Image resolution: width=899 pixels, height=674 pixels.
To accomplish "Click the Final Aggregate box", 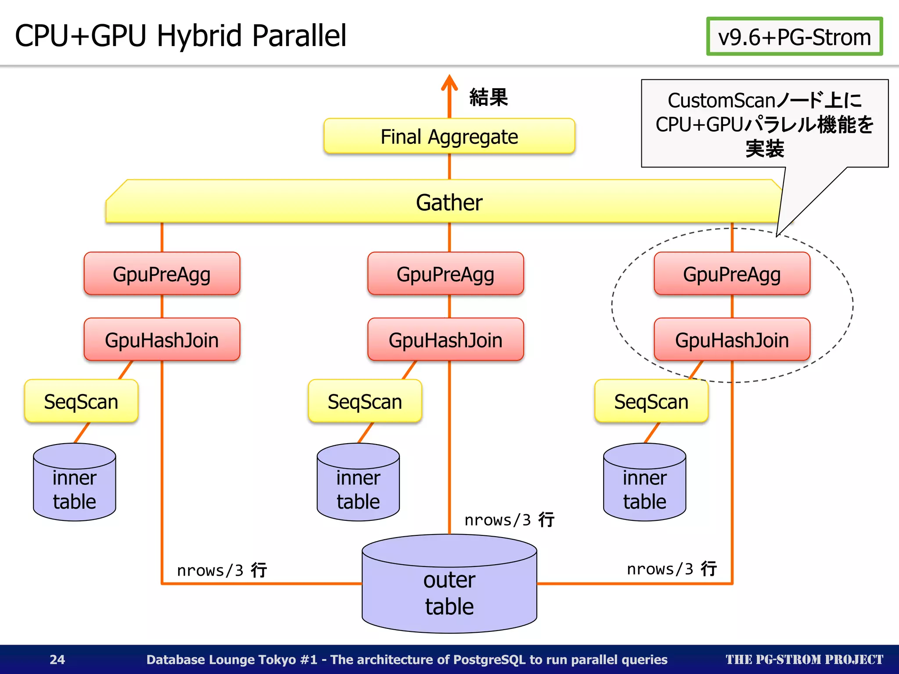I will tap(449, 136).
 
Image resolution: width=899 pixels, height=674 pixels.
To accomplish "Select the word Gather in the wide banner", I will tap(449, 203).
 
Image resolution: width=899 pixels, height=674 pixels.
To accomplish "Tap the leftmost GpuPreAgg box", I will tap(162, 274).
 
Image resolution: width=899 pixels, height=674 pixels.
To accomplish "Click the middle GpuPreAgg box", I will tap(446, 274).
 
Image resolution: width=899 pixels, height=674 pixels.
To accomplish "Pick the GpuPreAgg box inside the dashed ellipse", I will tap(732, 274).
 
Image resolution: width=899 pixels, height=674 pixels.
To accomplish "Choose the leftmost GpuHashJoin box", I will tap(162, 340).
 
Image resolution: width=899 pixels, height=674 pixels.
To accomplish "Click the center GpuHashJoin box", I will tap(446, 340).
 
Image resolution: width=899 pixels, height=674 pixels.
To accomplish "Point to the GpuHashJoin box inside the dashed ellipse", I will tap(732, 340).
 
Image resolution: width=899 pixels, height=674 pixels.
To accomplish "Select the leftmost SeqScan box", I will tap(81, 402).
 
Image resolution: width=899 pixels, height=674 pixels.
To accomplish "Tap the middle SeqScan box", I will tap(365, 402).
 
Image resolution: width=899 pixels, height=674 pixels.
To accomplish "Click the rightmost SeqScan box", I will tap(651, 402).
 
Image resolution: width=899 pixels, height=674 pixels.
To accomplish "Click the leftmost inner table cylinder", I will tap(75, 487).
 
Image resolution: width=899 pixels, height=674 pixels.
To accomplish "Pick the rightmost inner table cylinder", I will tap(644, 487).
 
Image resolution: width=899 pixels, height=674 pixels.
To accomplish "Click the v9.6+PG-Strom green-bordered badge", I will tap(795, 37).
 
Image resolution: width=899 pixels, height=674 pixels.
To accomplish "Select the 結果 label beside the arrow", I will tap(489, 97).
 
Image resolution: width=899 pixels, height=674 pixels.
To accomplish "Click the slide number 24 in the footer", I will tap(58, 660).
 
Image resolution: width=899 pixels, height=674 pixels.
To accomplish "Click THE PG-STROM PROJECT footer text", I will tap(804, 660).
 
